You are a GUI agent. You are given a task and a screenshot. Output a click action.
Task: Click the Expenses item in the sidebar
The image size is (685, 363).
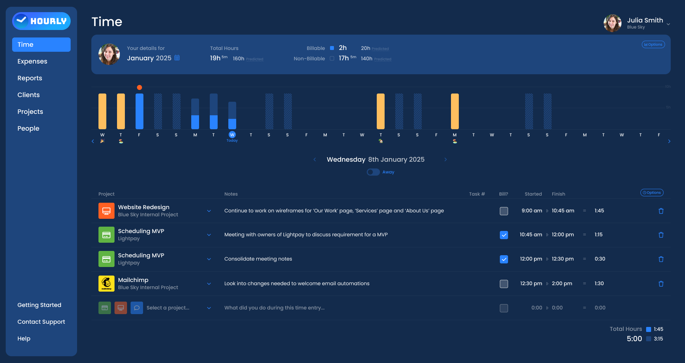tap(32, 61)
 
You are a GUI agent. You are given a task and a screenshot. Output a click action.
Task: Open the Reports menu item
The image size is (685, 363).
tap(30, 78)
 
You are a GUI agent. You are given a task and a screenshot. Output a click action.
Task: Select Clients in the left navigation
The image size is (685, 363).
tap(29, 95)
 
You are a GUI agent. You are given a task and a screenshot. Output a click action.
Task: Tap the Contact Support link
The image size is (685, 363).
tap(41, 322)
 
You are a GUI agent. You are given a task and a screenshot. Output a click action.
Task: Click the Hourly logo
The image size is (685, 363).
tap(41, 21)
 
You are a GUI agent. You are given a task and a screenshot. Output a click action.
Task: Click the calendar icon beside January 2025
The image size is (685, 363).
tap(177, 58)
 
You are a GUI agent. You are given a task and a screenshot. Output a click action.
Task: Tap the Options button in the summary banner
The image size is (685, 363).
tap(653, 45)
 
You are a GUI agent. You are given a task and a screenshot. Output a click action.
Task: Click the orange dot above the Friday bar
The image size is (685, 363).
tap(139, 87)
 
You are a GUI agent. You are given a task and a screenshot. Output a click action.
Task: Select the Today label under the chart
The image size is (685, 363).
tap(232, 141)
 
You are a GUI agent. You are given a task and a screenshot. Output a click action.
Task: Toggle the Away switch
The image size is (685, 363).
tap(373, 172)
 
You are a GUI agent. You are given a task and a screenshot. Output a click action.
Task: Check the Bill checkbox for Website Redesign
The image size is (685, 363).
tap(504, 211)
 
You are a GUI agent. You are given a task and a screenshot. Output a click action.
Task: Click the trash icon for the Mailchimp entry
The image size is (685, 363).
tap(661, 284)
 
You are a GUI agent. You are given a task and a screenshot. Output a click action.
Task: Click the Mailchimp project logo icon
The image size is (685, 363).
tap(106, 284)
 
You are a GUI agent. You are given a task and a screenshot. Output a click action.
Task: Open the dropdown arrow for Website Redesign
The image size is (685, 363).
tap(209, 211)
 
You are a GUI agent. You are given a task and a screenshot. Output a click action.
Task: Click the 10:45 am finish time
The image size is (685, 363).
tap(563, 211)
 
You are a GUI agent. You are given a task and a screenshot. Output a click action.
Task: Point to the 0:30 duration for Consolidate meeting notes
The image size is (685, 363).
tap(600, 259)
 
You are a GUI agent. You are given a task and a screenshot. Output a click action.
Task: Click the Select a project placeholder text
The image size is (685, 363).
tap(168, 308)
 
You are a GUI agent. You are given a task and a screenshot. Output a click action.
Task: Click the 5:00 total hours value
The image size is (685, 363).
tap(634, 339)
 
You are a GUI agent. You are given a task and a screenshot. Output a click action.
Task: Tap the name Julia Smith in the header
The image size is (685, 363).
tap(645, 20)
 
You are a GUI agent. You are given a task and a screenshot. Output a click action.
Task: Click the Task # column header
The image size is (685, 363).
tap(477, 194)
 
